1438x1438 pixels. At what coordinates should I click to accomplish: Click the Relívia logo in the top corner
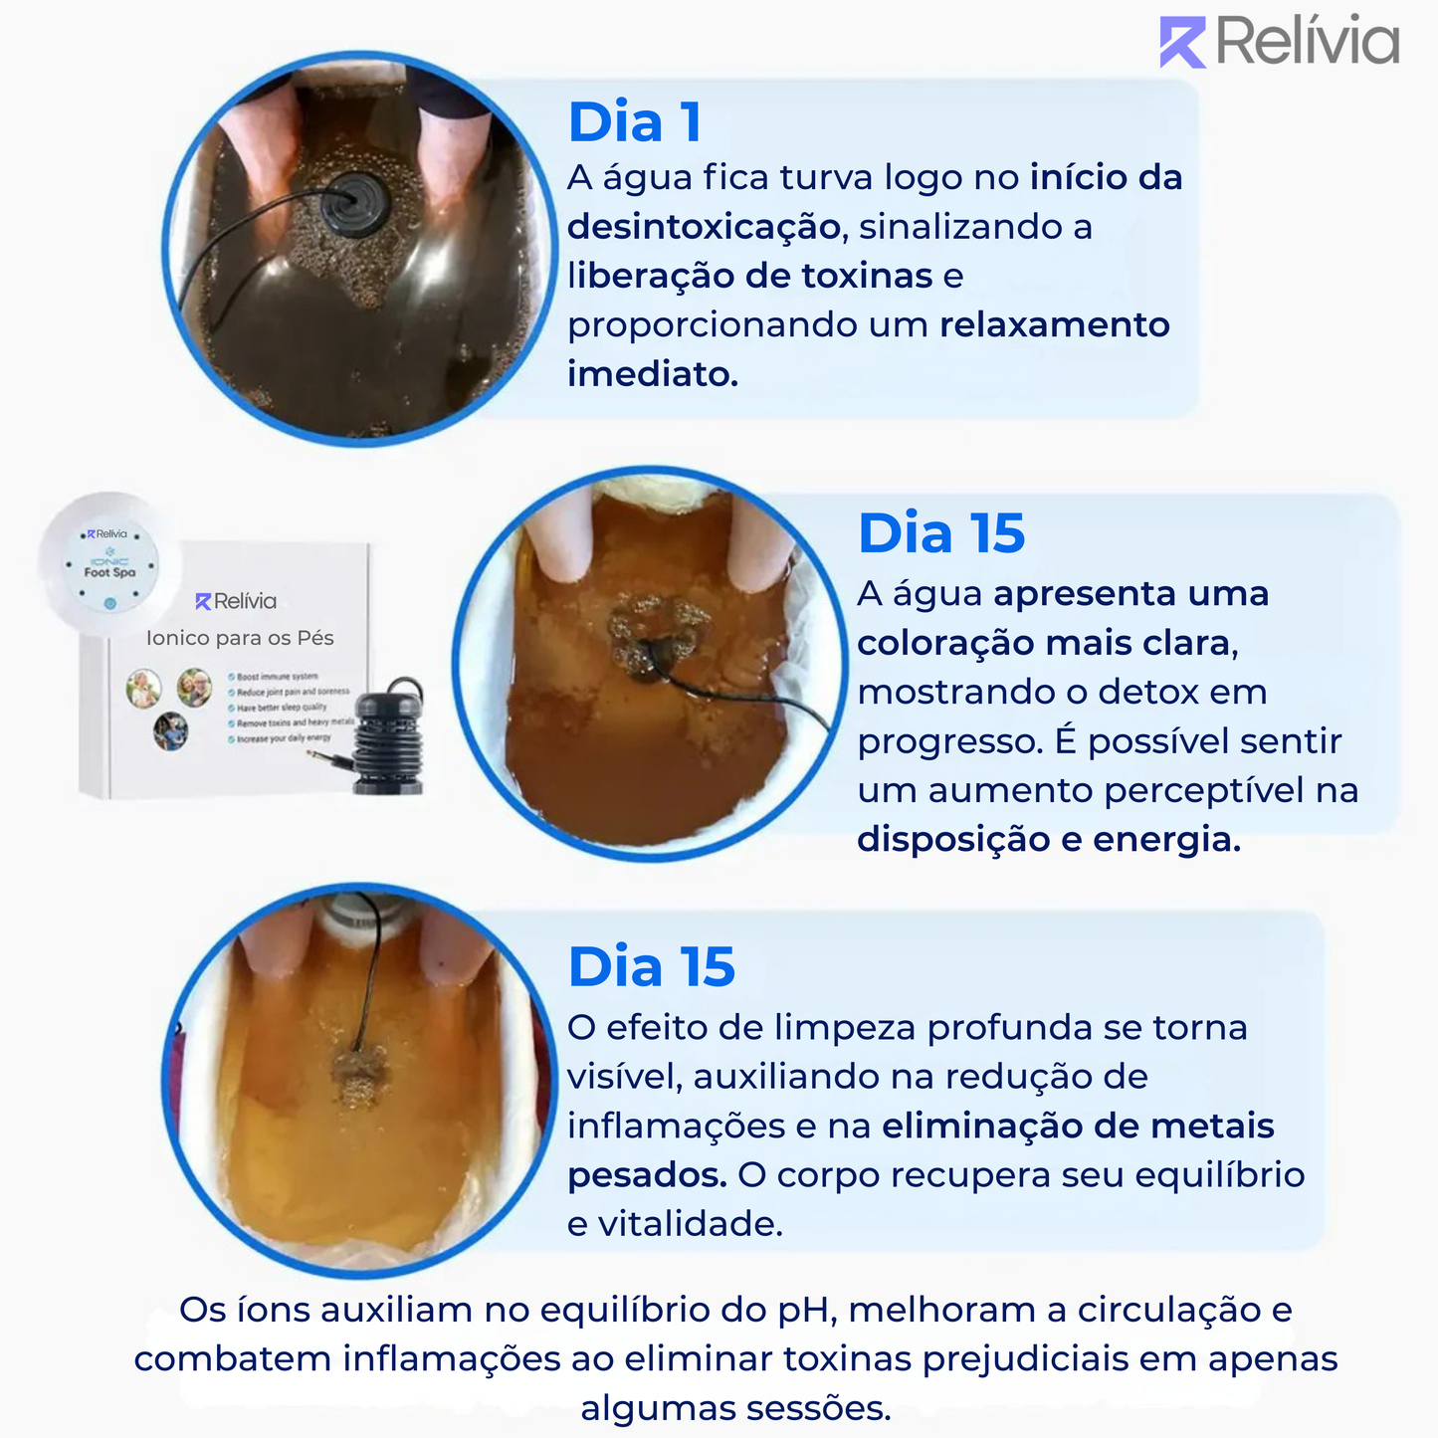1279,42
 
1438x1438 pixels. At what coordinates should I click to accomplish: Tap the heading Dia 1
635,123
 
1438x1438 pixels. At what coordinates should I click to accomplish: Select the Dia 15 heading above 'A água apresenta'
940,534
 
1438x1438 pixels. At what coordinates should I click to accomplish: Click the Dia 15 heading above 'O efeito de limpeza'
651,967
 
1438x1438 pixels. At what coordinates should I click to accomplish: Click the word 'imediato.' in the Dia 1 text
653,374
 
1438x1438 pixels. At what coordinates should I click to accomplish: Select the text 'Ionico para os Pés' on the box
240,638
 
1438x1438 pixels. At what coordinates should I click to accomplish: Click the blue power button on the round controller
110,603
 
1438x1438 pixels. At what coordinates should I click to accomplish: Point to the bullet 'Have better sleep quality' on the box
282,708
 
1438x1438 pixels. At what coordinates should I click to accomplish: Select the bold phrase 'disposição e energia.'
1049,840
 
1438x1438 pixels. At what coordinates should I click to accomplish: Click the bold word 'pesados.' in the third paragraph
647,1175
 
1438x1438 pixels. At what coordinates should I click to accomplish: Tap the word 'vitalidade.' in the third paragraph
690,1224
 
